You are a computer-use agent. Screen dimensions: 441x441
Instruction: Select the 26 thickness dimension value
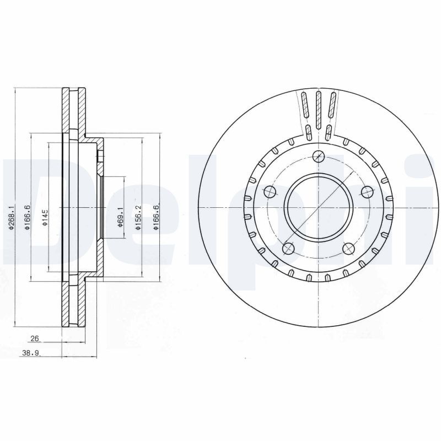[x=35, y=339]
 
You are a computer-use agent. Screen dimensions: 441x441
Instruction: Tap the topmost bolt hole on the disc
[x=318, y=156]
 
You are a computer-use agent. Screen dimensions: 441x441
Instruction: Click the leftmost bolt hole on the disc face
[x=270, y=192]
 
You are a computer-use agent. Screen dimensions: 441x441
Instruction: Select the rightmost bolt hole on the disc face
[x=366, y=192]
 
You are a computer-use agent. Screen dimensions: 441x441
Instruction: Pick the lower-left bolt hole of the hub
[x=288, y=249]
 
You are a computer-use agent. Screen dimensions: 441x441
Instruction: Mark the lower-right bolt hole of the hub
[x=348, y=249]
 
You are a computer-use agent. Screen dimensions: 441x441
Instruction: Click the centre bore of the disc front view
[x=318, y=207]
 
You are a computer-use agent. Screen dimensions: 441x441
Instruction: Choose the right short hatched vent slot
[x=328, y=132]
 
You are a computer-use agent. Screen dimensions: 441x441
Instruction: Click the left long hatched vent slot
[x=304, y=105]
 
